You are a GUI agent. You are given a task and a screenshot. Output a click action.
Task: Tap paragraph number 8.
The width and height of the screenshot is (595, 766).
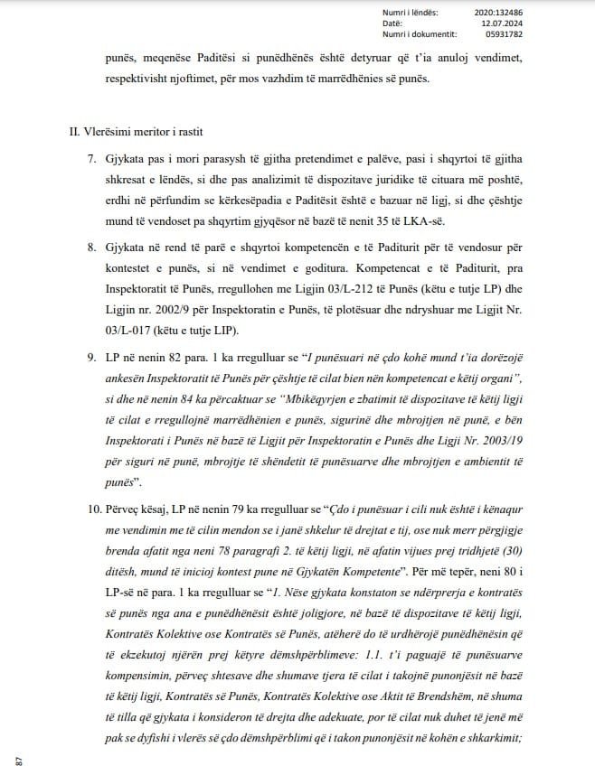[x=91, y=245]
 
